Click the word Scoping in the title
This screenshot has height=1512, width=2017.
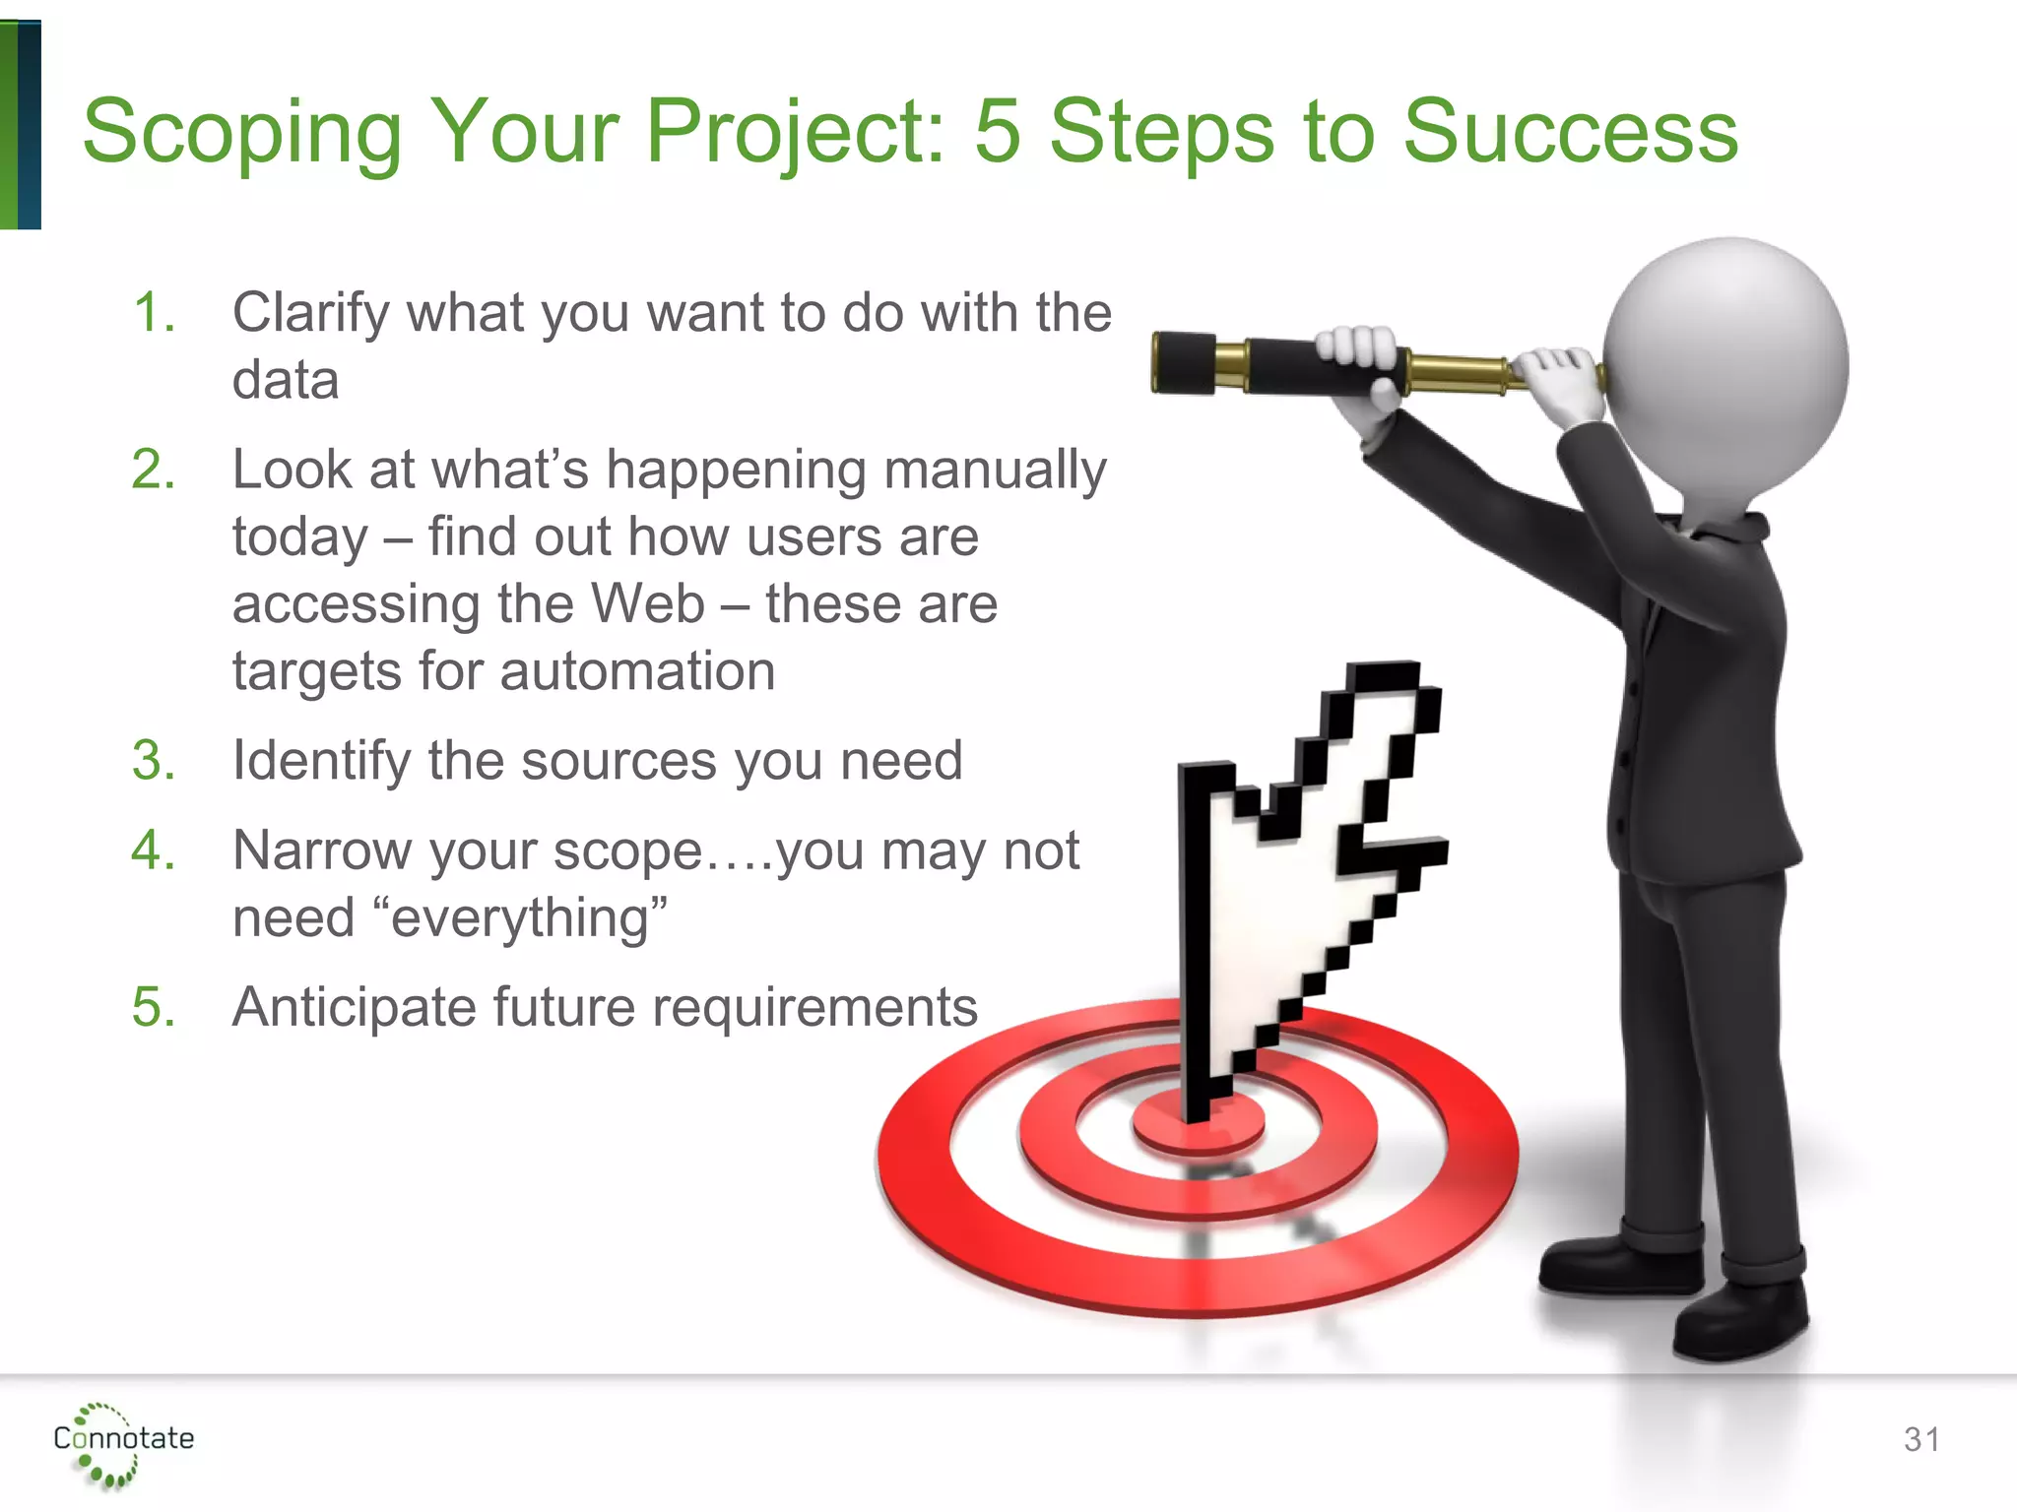click(x=241, y=133)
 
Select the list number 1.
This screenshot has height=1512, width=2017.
click(x=153, y=313)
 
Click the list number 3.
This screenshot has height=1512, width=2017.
click(x=153, y=761)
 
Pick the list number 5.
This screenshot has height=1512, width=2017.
click(x=153, y=1007)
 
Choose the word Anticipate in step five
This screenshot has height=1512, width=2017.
click(x=355, y=1007)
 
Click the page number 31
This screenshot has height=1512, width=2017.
click(x=1921, y=1439)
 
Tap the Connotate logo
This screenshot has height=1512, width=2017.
click(x=122, y=1442)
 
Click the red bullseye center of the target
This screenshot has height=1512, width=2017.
click(x=1198, y=1127)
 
